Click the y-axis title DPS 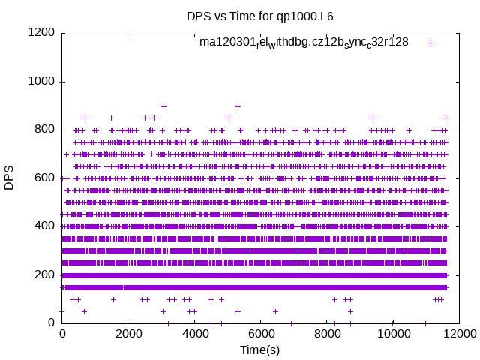point(10,178)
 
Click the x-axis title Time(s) point(259,349)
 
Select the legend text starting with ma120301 point(304,42)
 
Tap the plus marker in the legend point(430,43)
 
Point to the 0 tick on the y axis point(51,322)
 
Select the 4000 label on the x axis point(194,334)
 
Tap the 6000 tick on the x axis point(260,334)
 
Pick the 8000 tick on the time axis point(326,334)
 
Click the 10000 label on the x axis point(392,334)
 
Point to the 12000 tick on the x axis point(458,334)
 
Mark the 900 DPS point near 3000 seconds point(163,106)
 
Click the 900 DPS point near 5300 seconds point(238,106)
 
